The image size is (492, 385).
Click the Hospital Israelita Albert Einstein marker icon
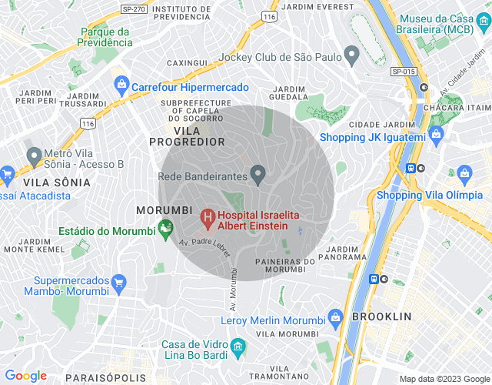(207, 218)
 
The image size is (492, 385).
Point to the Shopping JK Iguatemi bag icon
(437, 136)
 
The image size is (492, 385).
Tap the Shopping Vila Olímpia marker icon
(464, 173)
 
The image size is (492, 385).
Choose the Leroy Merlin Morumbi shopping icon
(335, 317)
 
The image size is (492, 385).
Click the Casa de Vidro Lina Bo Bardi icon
(238, 346)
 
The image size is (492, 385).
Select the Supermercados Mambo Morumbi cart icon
(118, 283)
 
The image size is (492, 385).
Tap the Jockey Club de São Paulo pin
(352, 55)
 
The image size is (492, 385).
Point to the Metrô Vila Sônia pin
(35, 156)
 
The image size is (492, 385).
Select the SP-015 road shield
(403, 71)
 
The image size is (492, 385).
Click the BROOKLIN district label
(382, 316)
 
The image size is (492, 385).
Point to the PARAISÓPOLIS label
(106, 377)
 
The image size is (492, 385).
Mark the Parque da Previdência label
(107, 37)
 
